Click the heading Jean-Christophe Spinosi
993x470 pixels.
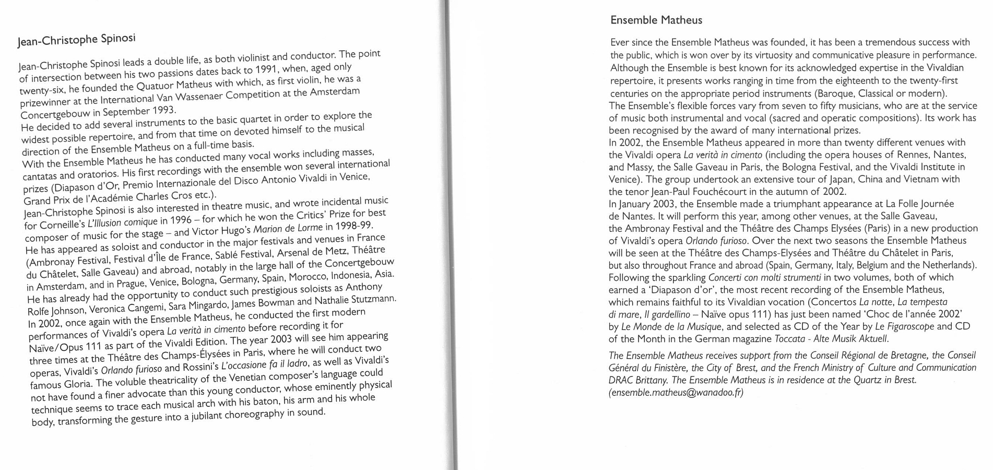coord(76,40)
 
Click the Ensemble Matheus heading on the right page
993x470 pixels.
coord(656,20)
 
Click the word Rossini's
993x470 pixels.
coord(200,367)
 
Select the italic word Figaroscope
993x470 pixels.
coord(907,326)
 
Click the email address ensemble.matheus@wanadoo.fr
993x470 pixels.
coord(676,393)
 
